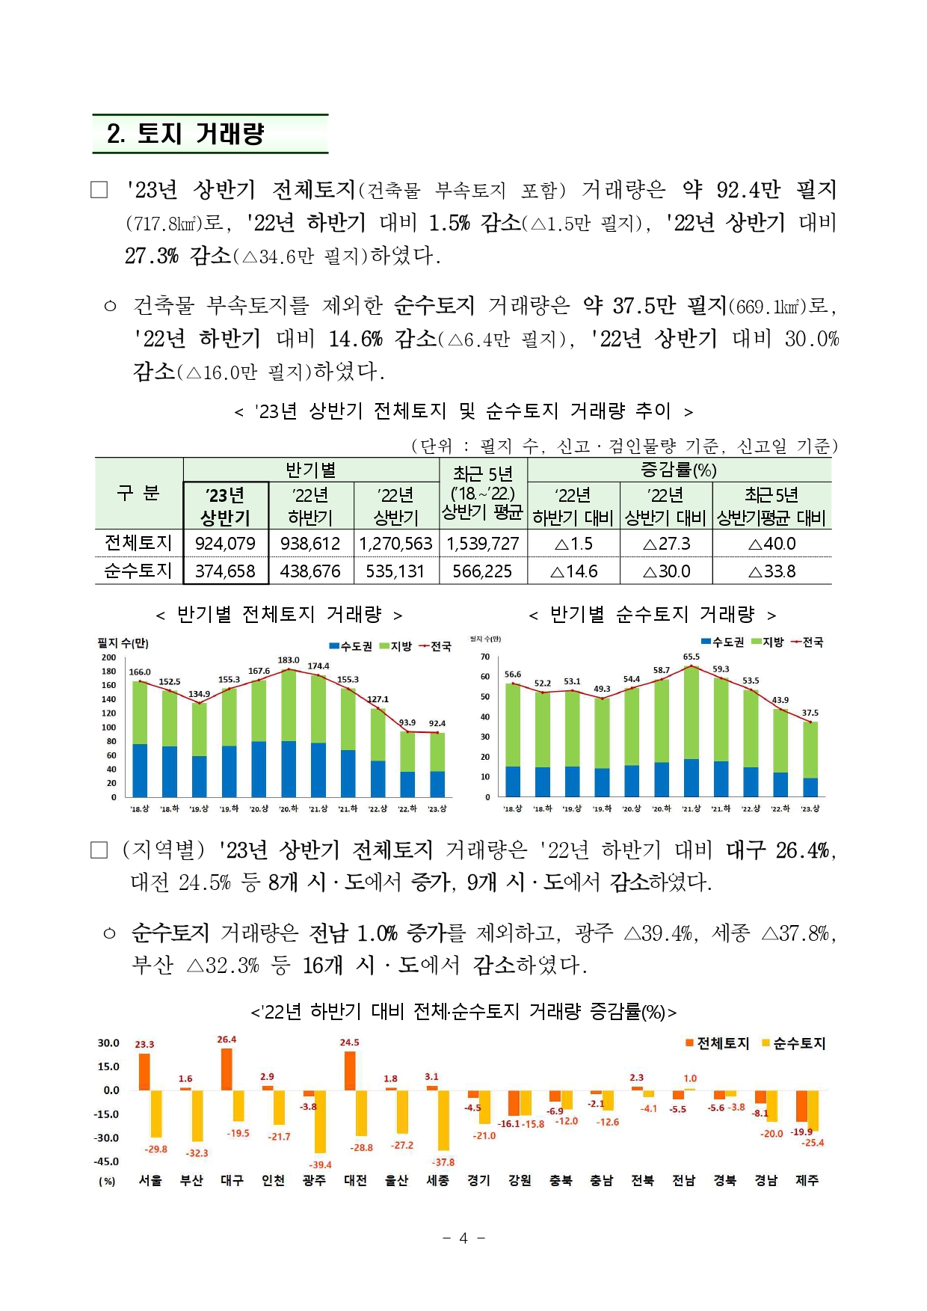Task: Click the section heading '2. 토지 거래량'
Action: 185,134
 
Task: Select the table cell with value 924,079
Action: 225,544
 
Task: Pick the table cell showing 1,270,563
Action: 395,544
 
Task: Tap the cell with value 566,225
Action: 482,571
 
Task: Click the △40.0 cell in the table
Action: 772,544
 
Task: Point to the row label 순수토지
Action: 138,571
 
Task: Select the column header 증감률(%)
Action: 679,470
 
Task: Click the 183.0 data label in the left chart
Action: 289,660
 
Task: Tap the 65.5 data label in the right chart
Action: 692,657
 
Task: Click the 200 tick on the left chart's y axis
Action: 109,657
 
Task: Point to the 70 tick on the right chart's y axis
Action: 485,657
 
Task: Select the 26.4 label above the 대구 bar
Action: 227,1040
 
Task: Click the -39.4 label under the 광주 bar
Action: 321,1164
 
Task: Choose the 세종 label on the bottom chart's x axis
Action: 437,1180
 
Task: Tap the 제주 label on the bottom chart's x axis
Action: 807,1180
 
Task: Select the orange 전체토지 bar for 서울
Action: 144,1072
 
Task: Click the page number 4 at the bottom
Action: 463,1238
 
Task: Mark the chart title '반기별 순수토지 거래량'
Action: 652,615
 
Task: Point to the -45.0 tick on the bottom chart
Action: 106,1161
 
